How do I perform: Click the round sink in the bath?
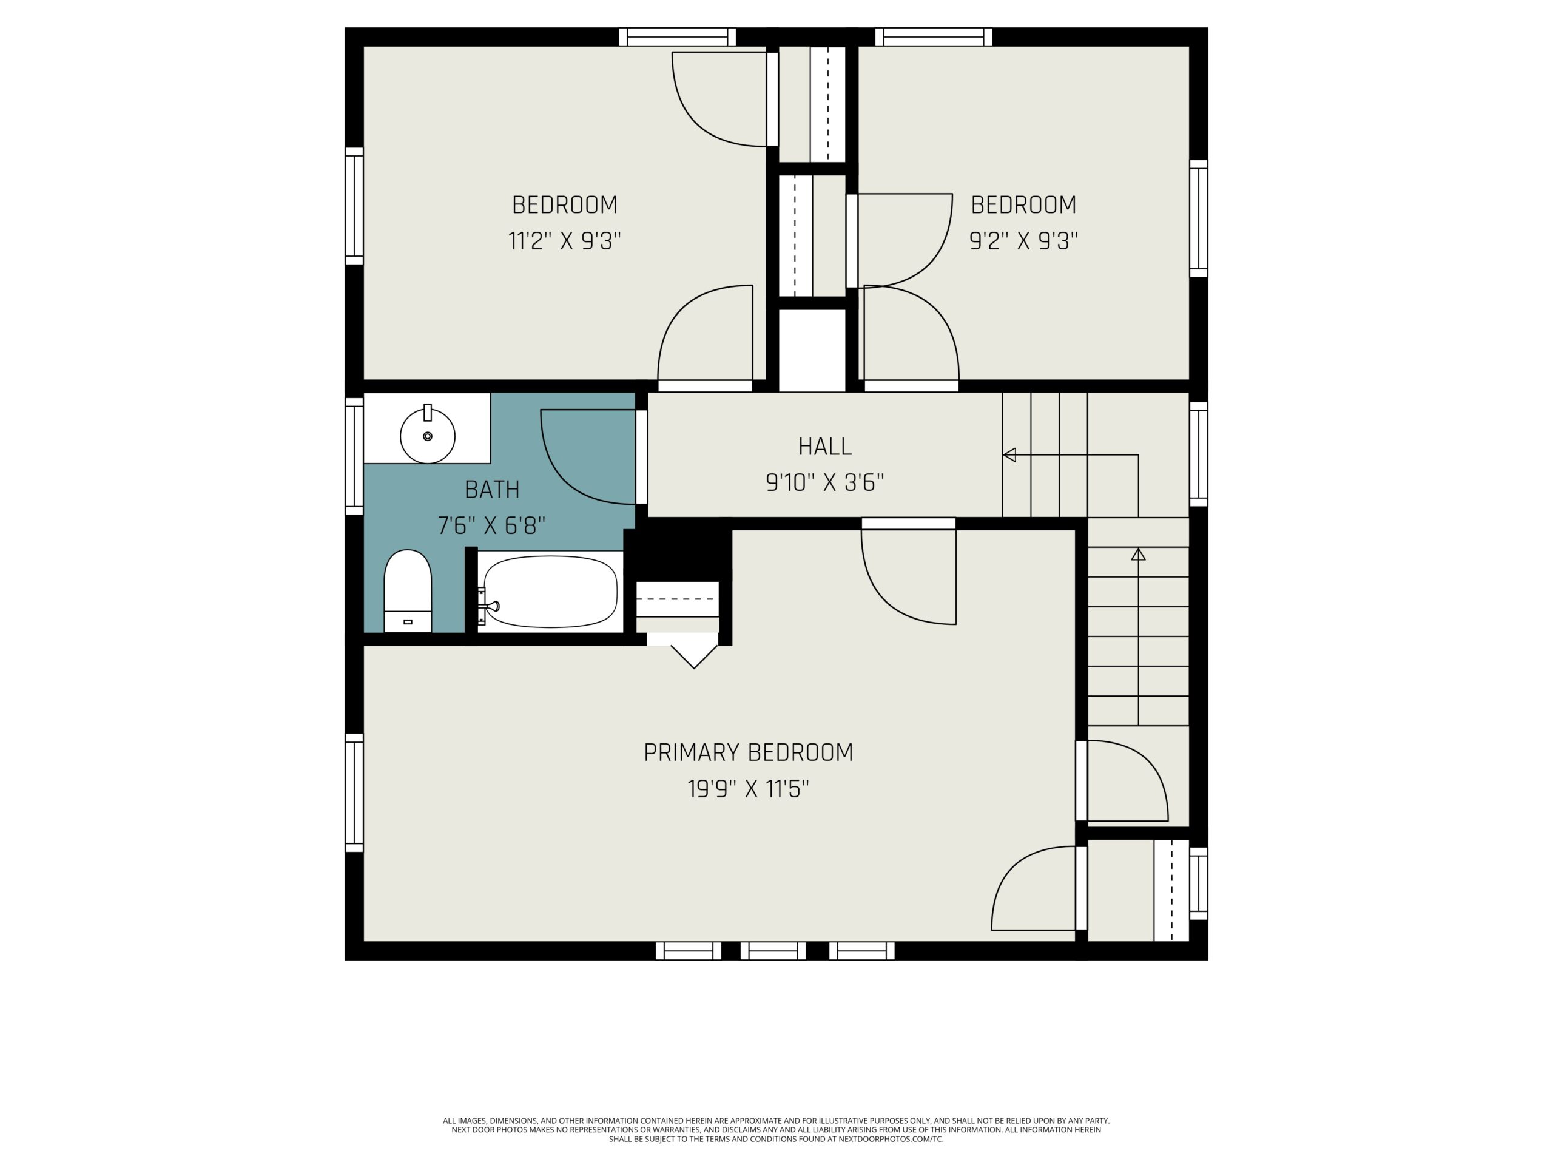click(428, 436)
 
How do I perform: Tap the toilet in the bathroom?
click(407, 590)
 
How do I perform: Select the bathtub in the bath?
click(550, 591)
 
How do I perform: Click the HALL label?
click(825, 447)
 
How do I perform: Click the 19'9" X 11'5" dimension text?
click(749, 789)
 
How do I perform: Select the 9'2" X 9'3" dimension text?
click(1023, 241)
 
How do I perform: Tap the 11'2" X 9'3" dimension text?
click(564, 241)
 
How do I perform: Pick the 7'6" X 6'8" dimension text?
click(491, 525)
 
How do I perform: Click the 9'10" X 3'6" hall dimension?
click(825, 483)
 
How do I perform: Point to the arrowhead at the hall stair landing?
click(1009, 455)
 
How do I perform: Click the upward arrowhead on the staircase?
click(1139, 554)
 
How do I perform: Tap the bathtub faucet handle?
click(491, 606)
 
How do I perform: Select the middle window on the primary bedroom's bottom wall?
click(773, 951)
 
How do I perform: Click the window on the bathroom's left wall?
click(354, 456)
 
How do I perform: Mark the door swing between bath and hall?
click(588, 456)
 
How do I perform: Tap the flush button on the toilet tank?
click(408, 622)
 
